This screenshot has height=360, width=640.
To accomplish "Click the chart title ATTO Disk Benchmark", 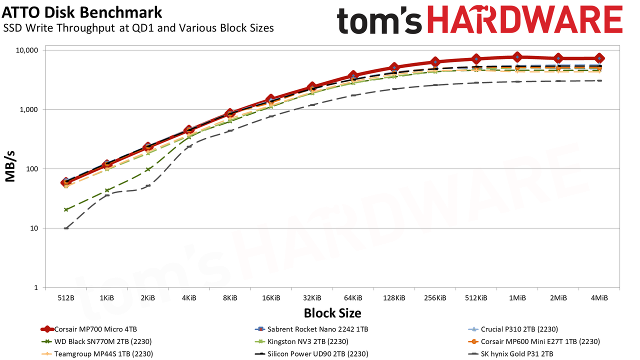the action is click(81, 12).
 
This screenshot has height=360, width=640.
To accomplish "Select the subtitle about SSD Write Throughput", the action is click(138, 28).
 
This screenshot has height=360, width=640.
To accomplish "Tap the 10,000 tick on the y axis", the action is click(27, 50).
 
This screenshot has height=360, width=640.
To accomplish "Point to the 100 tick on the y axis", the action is click(32, 169).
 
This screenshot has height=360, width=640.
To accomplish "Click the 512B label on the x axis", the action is click(66, 298).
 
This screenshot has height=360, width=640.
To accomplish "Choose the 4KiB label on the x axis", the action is click(189, 298).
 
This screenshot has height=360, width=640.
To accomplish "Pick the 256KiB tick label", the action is click(435, 298).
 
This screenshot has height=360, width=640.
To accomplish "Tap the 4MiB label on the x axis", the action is click(599, 298).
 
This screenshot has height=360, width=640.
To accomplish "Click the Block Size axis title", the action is click(332, 313).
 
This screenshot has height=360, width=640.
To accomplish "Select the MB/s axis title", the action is click(10, 166).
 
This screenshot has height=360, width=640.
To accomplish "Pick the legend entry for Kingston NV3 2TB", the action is click(301, 341).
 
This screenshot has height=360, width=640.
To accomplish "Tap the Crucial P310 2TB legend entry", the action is click(513, 329).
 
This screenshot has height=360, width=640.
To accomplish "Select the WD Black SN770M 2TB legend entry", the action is click(96, 341).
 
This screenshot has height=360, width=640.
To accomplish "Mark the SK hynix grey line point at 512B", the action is click(66, 228).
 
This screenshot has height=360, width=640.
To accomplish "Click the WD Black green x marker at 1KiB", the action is click(107, 190).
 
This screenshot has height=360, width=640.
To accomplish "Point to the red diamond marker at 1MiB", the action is click(517, 57).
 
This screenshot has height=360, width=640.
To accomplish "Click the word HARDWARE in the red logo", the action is click(525, 20).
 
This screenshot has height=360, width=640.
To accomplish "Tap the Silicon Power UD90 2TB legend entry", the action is click(311, 353).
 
